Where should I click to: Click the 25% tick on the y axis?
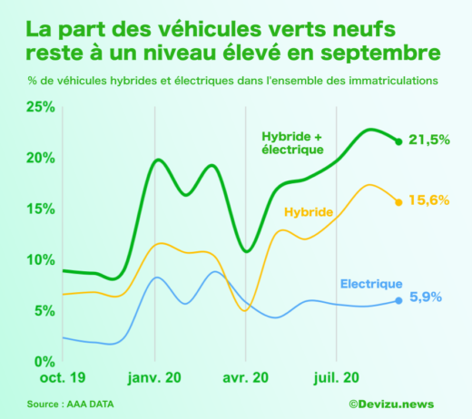[x=41, y=107]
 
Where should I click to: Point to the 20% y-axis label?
[x=41, y=158]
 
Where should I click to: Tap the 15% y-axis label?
[x=41, y=209]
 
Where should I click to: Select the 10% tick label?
[x=41, y=259]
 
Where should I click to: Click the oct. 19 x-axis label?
[x=63, y=376]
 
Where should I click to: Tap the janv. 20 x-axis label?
[x=154, y=376]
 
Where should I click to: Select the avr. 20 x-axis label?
[x=245, y=376]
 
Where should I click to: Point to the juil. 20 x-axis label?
[x=337, y=376]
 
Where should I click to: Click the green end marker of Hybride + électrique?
[x=398, y=141]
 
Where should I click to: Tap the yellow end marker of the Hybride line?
[x=398, y=201]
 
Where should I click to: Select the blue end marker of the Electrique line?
[x=398, y=300]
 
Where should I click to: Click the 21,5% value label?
[x=429, y=140]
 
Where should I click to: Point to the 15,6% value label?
[x=429, y=200]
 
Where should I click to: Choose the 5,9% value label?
[x=426, y=300]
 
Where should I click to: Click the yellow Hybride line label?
[x=310, y=212]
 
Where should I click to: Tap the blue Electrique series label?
[x=371, y=283]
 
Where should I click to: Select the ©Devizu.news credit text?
[x=391, y=404]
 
